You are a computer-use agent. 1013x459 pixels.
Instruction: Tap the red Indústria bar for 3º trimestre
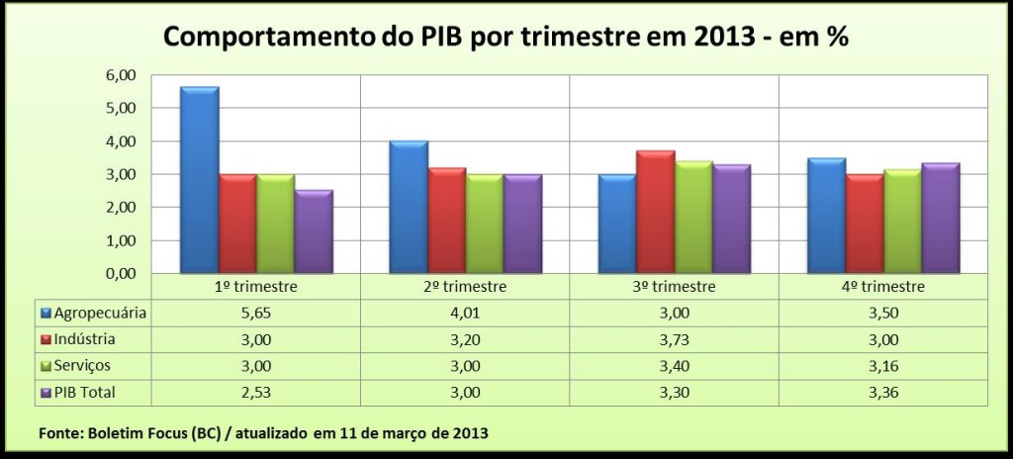point(655,212)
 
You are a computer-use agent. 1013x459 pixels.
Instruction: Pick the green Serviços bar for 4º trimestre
point(902,222)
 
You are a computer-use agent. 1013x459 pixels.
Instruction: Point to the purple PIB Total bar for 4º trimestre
point(940,218)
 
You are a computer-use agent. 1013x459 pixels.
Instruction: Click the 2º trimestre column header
point(464,287)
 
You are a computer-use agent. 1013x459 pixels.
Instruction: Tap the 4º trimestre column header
point(882,287)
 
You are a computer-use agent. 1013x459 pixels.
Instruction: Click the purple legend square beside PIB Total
point(46,393)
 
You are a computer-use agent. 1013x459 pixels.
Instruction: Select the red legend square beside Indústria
point(46,339)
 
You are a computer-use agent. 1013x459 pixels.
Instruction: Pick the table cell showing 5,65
point(255,314)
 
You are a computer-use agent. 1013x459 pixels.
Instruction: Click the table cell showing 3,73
point(674,339)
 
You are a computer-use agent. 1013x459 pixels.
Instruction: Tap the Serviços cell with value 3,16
point(882,366)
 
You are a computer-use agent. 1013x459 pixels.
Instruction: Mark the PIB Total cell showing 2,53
point(255,393)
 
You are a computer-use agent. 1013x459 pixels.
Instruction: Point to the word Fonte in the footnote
point(59,433)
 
